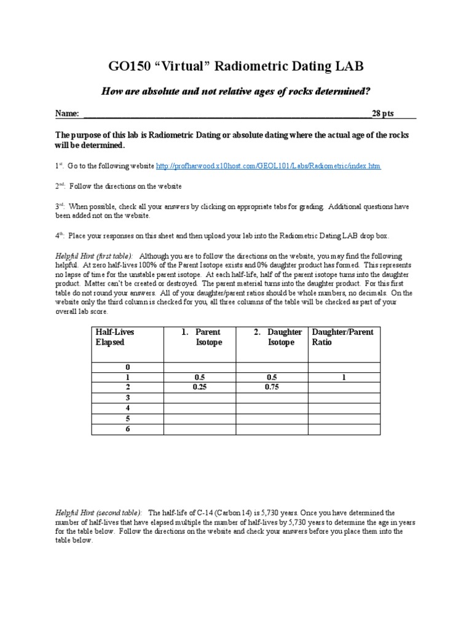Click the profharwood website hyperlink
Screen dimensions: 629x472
pos(269,166)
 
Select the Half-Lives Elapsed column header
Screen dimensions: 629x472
pos(114,337)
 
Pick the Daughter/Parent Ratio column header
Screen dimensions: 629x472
pos(343,337)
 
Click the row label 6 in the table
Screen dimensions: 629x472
pos(127,428)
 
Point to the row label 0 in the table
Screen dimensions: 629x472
pos(127,367)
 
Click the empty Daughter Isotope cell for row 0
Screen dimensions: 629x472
pos(272,367)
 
